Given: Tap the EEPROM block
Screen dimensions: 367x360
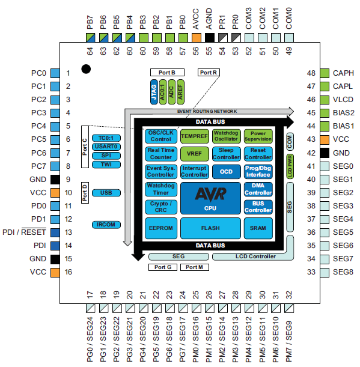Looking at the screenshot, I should [160, 228].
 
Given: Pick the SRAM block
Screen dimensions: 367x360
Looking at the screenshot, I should [258, 228].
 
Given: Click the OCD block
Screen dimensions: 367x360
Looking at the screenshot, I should [226, 171].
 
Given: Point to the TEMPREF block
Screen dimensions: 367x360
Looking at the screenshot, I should [194, 136].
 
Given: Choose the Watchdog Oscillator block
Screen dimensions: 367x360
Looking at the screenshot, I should [226, 136].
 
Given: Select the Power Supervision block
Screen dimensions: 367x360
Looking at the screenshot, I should [258, 136].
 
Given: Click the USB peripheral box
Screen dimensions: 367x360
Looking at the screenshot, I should [106, 193].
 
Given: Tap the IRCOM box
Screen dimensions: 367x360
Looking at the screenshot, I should [106, 224].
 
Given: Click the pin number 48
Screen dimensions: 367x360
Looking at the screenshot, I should [311, 73].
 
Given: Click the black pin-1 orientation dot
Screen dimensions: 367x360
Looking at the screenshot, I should [86, 69].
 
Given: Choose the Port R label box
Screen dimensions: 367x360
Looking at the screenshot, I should [208, 73].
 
